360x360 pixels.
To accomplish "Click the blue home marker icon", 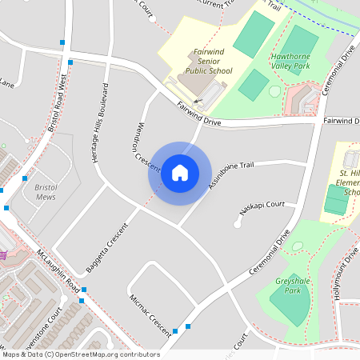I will coord(179,172).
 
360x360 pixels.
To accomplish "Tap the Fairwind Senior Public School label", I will coord(209,62).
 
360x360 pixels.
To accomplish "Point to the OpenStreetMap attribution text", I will coord(81,354).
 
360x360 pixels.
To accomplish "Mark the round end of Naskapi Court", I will coord(238,224).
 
